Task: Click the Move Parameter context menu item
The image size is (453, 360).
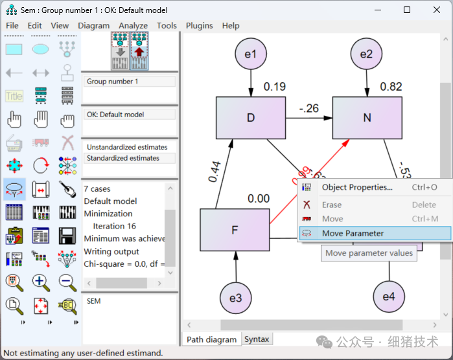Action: (x=353, y=233)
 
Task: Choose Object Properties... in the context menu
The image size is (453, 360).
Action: (x=357, y=187)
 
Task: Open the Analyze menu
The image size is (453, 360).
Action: (x=133, y=25)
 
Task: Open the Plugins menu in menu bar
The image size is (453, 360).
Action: (x=199, y=25)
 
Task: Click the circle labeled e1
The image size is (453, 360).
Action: (x=250, y=54)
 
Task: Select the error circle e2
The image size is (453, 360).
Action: (x=367, y=54)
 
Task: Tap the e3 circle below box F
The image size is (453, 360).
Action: (x=235, y=298)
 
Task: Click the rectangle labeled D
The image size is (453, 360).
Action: (x=250, y=118)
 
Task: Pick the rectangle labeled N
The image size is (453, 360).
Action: (x=367, y=118)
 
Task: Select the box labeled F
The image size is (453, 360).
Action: (x=235, y=230)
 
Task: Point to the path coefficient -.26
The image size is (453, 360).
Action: (x=308, y=108)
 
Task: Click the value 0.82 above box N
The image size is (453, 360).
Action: (x=391, y=87)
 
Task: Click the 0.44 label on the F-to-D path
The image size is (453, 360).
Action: (x=214, y=170)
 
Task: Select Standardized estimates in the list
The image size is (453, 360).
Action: (x=123, y=158)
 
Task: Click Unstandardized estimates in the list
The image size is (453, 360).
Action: (x=127, y=147)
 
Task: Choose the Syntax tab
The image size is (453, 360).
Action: (x=257, y=339)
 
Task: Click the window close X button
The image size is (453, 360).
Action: (x=436, y=10)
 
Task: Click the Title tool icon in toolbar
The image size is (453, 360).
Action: (x=14, y=96)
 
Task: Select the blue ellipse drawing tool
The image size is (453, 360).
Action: (x=40, y=49)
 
